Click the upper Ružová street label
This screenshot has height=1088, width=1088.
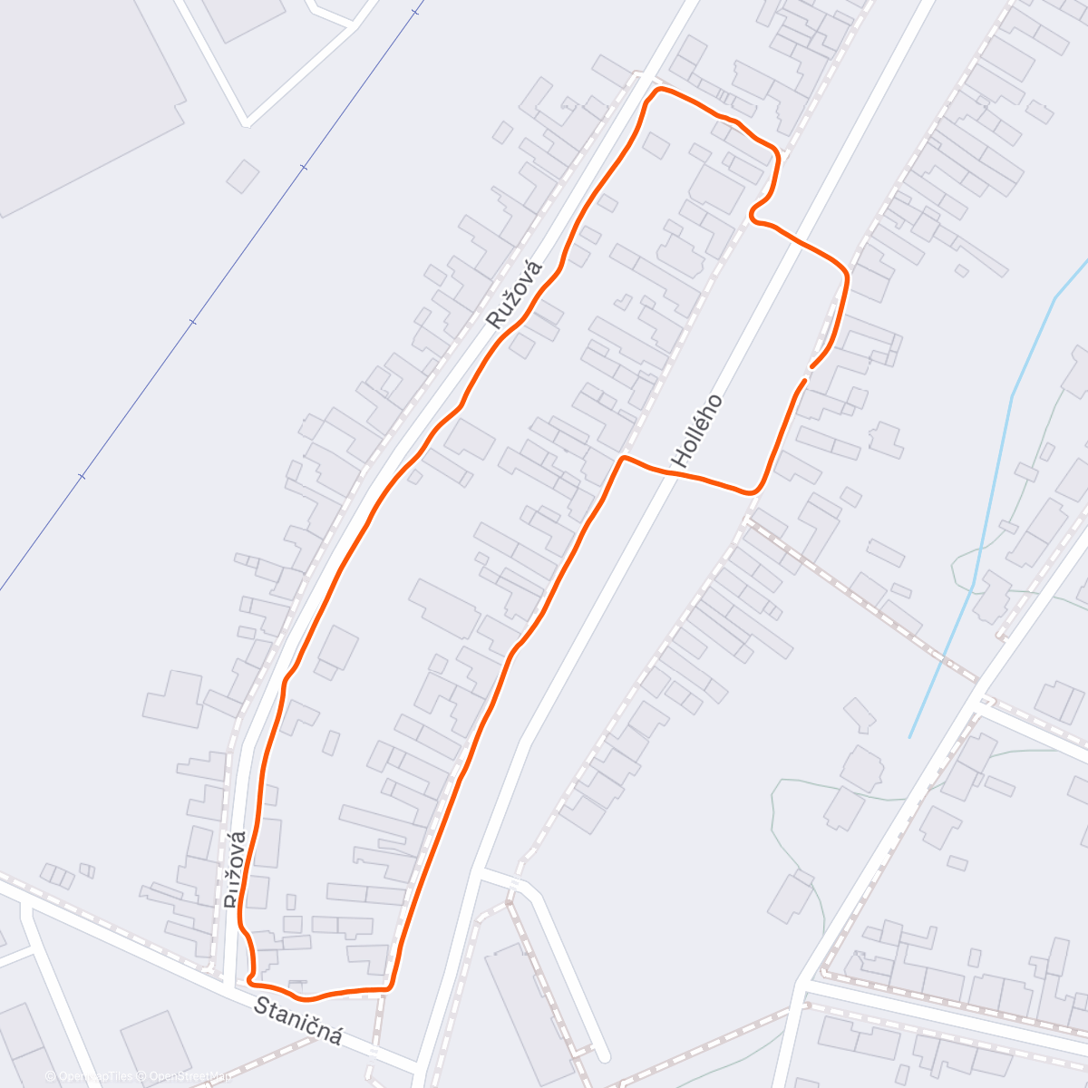[514, 294]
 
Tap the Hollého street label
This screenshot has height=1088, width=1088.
[697, 431]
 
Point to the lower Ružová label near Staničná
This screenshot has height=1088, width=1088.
[236, 868]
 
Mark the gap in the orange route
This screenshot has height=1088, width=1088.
[807, 374]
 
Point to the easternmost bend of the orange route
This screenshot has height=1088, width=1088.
[847, 273]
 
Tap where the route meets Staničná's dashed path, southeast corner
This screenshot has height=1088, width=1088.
[389, 987]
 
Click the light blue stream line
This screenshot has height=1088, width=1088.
[988, 508]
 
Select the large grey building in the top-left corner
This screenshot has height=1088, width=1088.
[82, 91]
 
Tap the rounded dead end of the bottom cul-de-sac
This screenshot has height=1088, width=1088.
[602, 1054]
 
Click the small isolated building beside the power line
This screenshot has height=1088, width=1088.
[242, 176]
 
